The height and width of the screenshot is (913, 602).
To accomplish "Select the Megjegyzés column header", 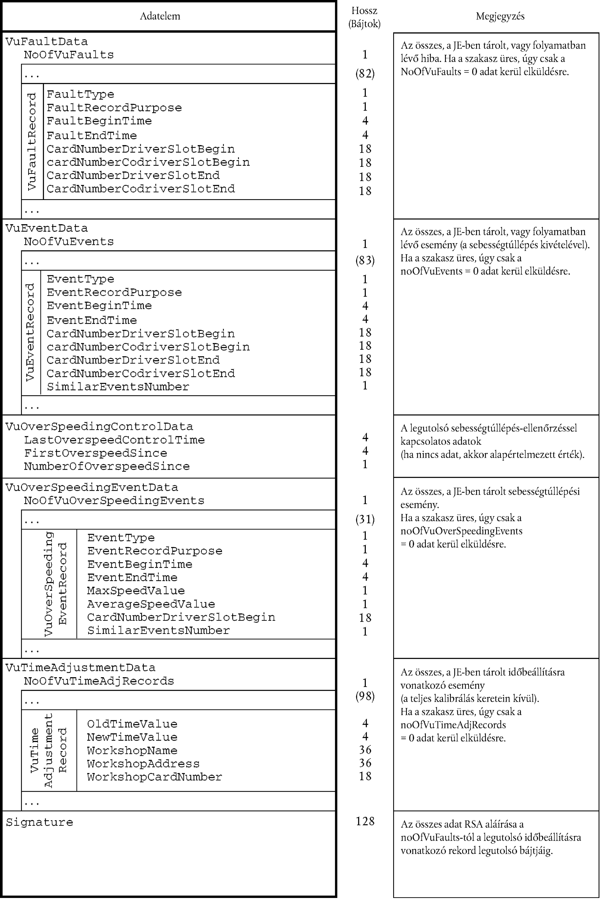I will click(500, 16).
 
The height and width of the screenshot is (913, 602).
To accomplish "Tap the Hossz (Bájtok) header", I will click(364, 17).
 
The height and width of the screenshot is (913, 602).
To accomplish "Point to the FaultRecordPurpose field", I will click(114, 108).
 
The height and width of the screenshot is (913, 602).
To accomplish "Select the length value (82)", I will click(365, 73).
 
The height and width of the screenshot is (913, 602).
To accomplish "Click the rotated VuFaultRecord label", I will click(32, 141).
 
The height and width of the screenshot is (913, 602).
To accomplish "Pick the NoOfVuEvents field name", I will click(69, 242).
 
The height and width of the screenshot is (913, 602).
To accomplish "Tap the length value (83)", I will click(365, 260).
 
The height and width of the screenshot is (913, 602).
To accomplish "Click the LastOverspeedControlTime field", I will click(114, 440).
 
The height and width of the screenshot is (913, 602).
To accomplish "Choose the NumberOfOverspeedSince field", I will click(107, 466).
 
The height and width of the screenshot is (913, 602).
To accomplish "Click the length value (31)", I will click(365, 519).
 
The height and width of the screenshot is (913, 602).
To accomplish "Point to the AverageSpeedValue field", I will click(151, 604).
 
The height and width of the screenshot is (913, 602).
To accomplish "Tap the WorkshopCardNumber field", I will click(154, 777).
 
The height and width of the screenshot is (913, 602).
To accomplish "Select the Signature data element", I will click(39, 822).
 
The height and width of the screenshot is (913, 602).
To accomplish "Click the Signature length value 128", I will click(365, 821).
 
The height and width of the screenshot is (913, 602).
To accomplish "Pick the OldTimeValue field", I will click(132, 724).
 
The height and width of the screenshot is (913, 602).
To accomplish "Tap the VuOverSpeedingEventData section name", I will click(92, 487).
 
